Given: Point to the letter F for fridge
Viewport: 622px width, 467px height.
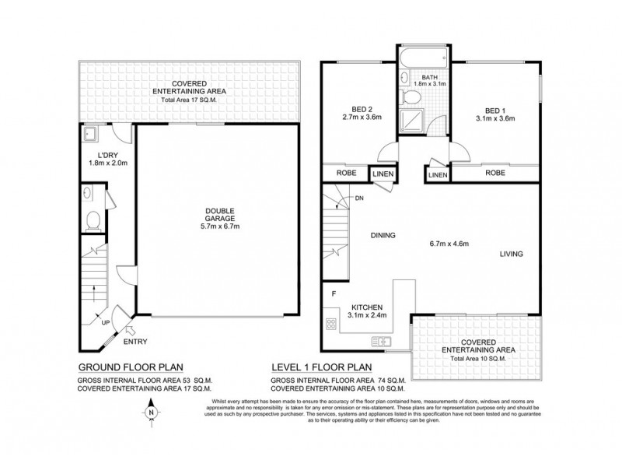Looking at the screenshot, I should (334, 293).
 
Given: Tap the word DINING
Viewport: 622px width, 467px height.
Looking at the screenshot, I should (383, 235).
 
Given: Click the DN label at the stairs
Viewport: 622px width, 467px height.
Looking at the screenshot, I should (358, 198).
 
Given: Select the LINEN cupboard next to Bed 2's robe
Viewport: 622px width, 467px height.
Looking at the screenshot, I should (382, 174).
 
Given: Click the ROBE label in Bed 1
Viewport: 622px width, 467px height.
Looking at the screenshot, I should (494, 174).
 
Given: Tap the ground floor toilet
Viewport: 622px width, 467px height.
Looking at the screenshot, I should (93, 220).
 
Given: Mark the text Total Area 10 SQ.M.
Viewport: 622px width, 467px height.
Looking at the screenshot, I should (476, 359).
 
